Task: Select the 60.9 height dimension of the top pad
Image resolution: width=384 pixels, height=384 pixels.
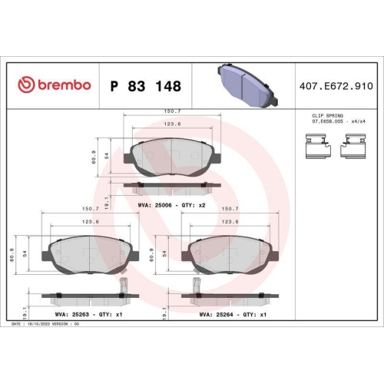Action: pos(94,157)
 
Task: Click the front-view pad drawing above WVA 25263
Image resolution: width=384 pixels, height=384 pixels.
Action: pos(91,253)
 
